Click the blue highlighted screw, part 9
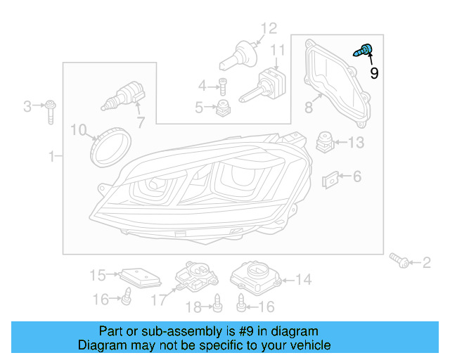coord(365,51)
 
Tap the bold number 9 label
coord(374,73)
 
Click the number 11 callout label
coord(278,51)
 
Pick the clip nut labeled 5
coord(224,108)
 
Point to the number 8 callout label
coord(308,108)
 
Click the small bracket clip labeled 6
coord(330,180)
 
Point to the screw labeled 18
coord(218,303)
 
